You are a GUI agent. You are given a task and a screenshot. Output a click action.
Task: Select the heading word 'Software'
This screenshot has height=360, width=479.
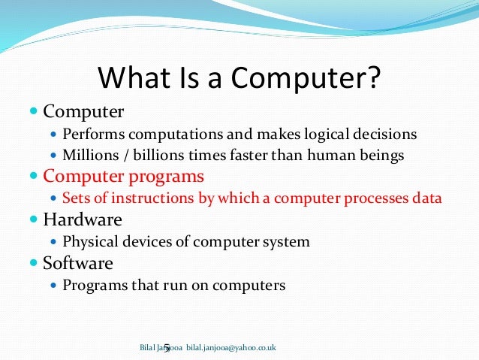[78, 264]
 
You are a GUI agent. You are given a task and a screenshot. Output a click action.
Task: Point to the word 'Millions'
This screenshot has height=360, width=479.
[88, 156]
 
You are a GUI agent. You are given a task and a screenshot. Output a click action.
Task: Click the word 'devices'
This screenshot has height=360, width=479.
[144, 242]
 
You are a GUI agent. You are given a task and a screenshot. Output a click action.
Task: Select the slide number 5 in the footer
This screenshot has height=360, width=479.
[167, 348]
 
